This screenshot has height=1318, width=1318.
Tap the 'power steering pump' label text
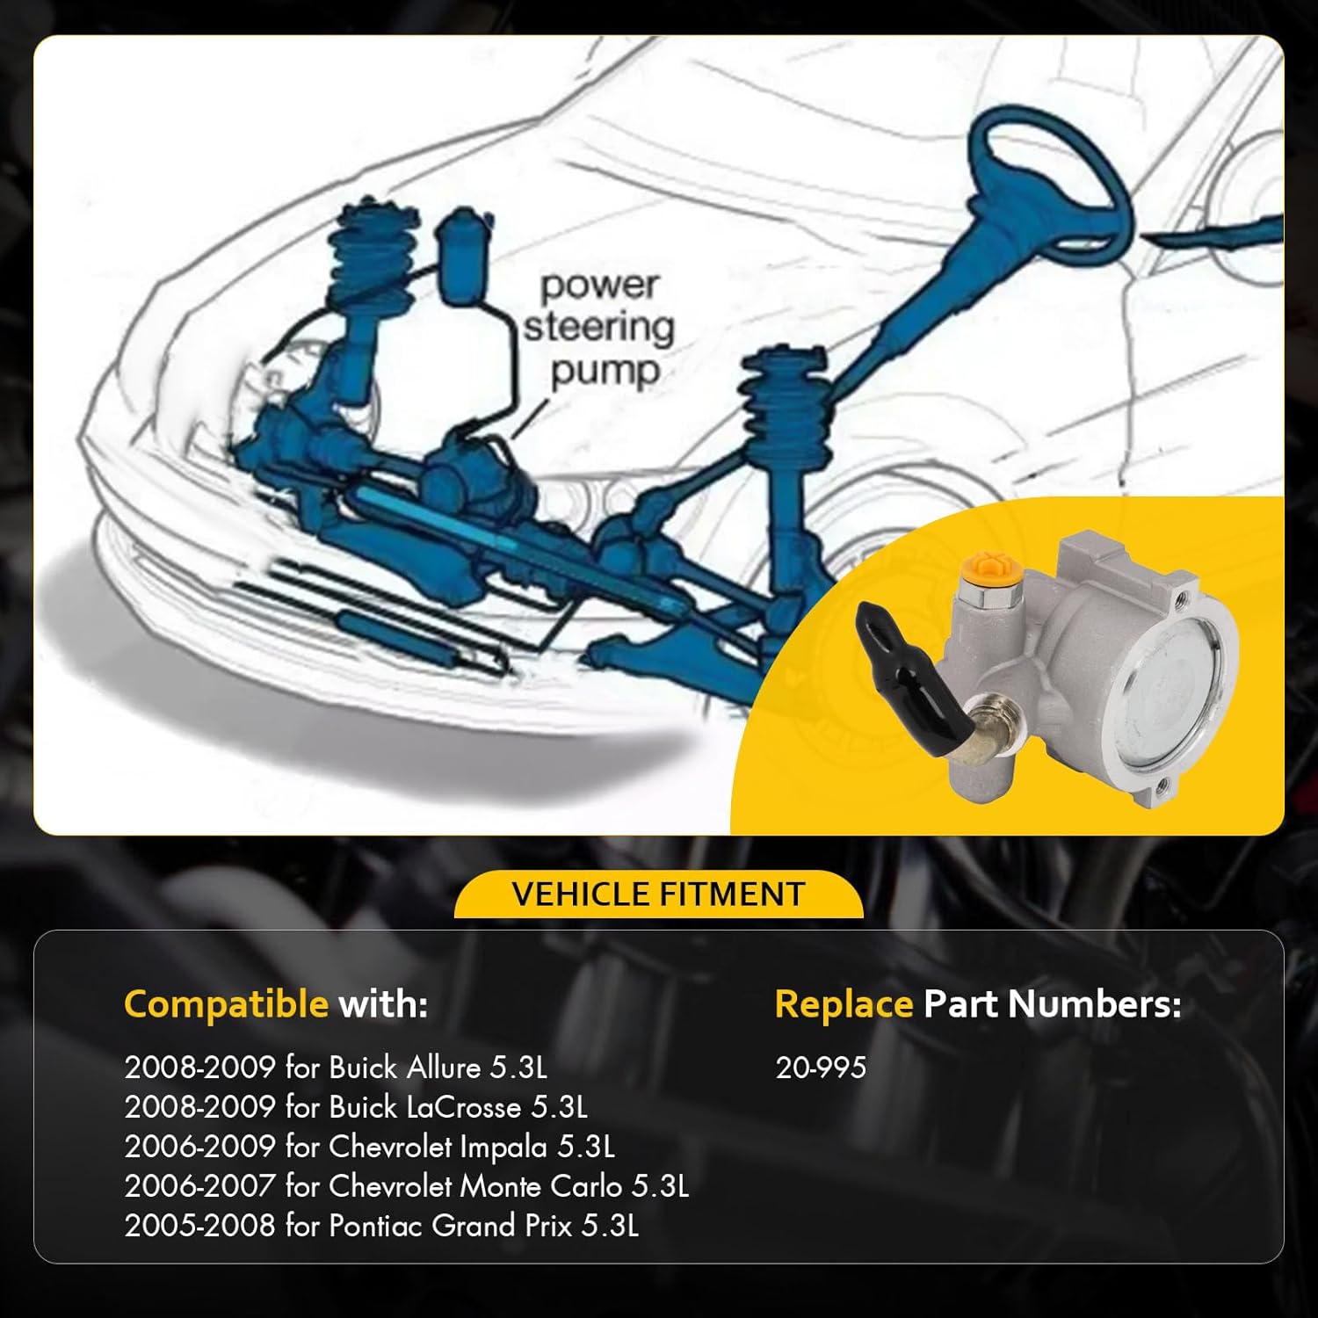point(600,328)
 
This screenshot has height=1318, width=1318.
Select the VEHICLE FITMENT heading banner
point(658,894)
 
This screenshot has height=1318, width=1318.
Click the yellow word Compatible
point(226,1003)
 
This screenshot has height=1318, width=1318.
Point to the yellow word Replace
point(844,1003)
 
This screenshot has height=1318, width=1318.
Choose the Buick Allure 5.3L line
point(335,1068)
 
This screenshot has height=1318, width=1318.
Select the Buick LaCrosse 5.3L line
point(355,1107)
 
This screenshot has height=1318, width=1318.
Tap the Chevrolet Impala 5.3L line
point(369,1147)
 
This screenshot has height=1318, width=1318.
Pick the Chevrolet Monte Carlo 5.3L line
point(406,1186)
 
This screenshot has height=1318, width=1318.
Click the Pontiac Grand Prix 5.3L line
point(380,1226)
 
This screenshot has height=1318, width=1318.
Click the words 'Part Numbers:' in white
point(1052,1003)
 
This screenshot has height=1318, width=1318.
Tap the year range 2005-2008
point(199,1226)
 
